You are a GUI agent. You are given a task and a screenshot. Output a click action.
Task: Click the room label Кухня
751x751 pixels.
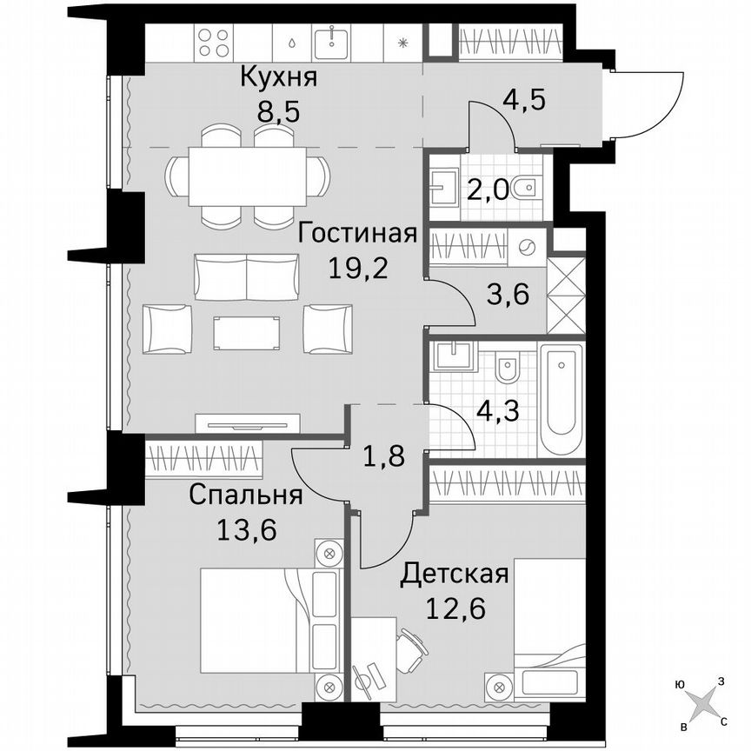point(278,77)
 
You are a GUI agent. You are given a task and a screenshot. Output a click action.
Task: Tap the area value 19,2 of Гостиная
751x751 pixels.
point(358,266)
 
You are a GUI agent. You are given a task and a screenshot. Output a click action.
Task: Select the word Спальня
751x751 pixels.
point(246,495)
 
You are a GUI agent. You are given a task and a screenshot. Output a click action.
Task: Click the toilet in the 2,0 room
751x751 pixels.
point(526,188)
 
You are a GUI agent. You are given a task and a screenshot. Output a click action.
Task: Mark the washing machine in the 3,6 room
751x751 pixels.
point(527,247)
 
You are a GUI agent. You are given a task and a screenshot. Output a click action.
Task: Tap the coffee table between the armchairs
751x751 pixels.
point(248,331)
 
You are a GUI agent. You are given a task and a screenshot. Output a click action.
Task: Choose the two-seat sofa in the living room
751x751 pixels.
point(248,276)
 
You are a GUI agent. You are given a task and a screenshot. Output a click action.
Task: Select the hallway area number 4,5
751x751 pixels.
point(525,97)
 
